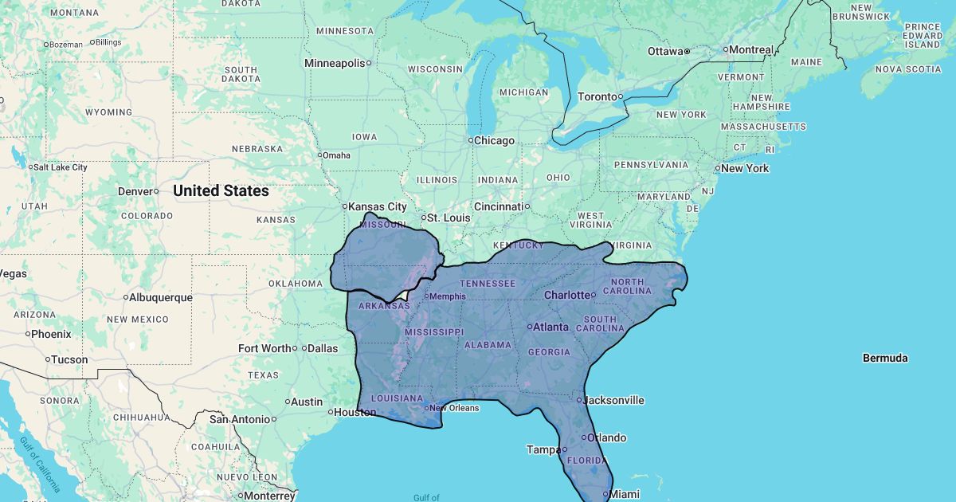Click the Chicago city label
[x=495, y=140]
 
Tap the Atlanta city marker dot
[x=530, y=327]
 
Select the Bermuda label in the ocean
[x=885, y=358]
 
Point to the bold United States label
[x=221, y=190]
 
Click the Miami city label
[x=625, y=494]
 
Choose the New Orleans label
[x=454, y=408]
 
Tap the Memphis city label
[x=448, y=296]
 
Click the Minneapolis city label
[x=335, y=63]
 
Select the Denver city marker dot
[x=156, y=191]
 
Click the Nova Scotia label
[x=908, y=69]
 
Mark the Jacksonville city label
[x=614, y=400]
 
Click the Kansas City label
[x=378, y=206]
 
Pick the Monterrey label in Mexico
[x=270, y=496]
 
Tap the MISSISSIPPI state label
[x=433, y=331]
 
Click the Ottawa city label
[x=665, y=51]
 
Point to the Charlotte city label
[x=566, y=295]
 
